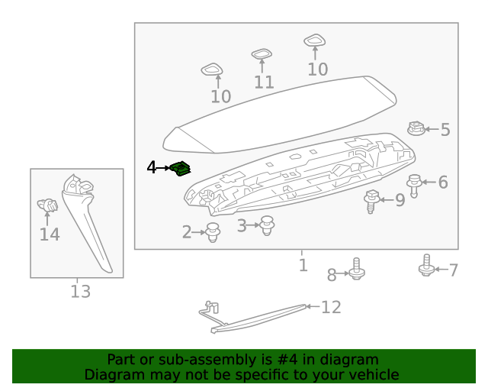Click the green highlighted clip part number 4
pos(181,168)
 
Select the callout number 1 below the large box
pos(303,265)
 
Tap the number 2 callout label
pos(187,231)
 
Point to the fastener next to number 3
pos(266,225)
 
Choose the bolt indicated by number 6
pos(415,184)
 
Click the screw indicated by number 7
pos(427,267)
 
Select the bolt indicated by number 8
pos(357,270)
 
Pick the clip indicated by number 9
pos(373,200)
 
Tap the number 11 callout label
pos(264,82)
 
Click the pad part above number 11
pos(262,54)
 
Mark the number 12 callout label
pos(331,307)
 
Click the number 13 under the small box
pos(80,291)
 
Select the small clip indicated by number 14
pos(47,206)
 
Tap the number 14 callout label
pos(50,234)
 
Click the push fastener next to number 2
pos(213,232)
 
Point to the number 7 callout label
pos(453,270)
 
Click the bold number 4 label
pos(152,167)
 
